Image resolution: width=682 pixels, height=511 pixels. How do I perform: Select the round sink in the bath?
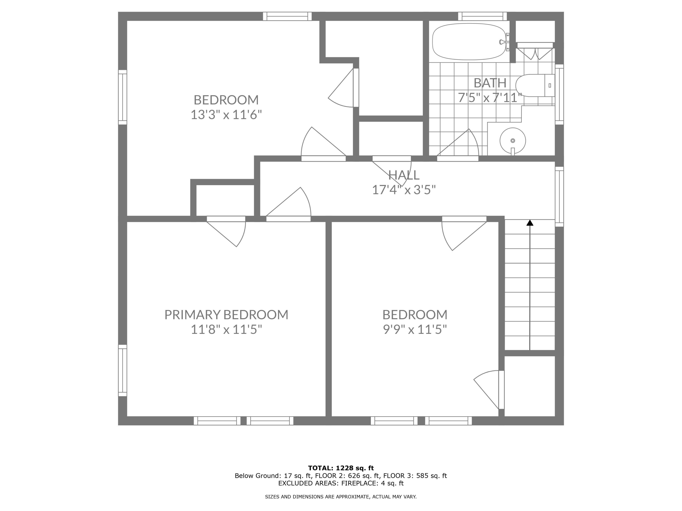(512, 141)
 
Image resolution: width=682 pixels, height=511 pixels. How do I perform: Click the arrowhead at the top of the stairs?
(530, 223)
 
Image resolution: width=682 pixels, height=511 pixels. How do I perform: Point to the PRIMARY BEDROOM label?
(226, 315)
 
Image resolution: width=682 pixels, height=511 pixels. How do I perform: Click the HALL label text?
(404, 175)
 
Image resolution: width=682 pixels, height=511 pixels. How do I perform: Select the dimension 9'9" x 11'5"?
(415, 330)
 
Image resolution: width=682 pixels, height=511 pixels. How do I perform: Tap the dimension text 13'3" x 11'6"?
(226, 115)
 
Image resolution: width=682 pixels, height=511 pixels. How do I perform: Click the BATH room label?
(490, 83)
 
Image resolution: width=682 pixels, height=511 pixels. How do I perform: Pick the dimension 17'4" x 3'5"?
(404, 190)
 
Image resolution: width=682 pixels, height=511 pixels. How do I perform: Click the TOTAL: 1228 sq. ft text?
(341, 468)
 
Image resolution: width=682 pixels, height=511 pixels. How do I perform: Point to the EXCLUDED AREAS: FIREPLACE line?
(341, 483)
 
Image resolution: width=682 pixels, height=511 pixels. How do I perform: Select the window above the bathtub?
(482, 16)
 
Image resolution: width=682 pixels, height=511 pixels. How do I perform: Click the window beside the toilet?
(559, 94)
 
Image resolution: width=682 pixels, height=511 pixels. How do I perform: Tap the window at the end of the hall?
(559, 196)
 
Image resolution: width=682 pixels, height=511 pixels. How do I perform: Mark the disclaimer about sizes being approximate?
(341, 496)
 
